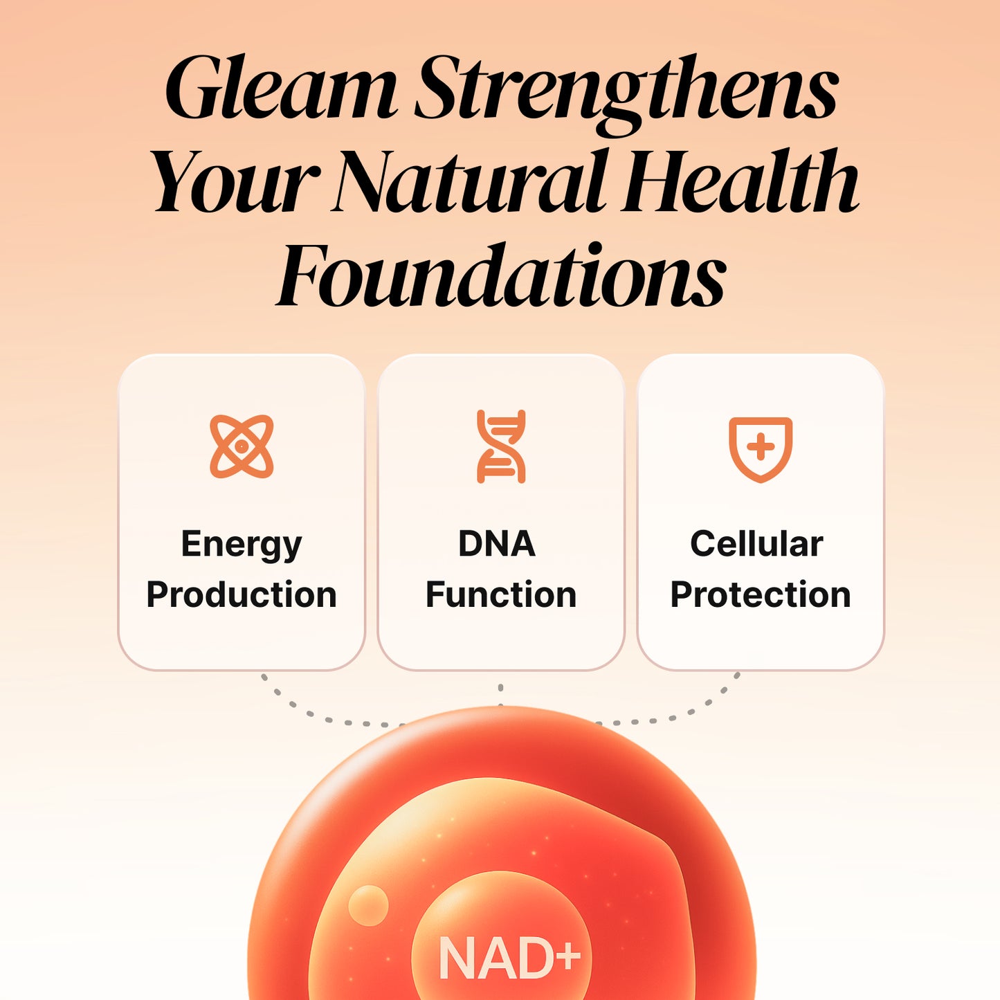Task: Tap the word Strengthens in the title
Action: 626,93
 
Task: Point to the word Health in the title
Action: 740,181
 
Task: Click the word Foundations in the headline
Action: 500,275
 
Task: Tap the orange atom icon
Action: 242,446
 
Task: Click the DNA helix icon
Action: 501,446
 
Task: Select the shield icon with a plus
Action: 761,449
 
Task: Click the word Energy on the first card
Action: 242,545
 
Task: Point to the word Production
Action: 242,594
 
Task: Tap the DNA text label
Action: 497,544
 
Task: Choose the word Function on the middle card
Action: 501,594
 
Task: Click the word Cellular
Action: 756,544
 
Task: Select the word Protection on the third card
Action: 761,594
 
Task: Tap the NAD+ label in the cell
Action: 509,958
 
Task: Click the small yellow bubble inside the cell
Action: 368,906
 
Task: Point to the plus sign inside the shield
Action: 761,448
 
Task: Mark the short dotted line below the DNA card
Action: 500,695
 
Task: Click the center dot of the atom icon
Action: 242,446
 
